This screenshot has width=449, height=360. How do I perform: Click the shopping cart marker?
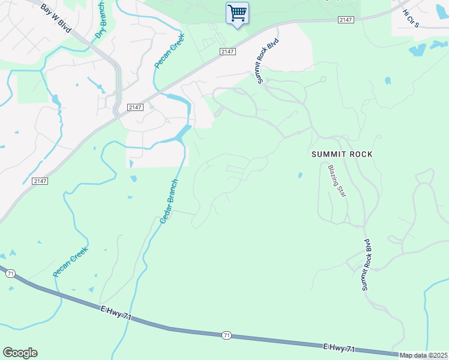pyautogui.click(x=237, y=13)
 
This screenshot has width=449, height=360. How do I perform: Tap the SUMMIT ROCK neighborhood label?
pyautogui.click(x=342, y=154)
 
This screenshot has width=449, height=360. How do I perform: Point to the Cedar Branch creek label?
pyautogui.click(x=169, y=202)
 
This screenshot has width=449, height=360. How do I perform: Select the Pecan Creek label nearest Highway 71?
pyautogui.click(x=70, y=262)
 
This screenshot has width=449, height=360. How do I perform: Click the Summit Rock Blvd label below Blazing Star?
pyautogui.click(x=366, y=265)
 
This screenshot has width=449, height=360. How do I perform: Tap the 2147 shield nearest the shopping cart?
pyautogui.click(x=226, y=52)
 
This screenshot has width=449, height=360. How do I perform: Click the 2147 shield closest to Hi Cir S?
pyautogui.click(x=345, y=20)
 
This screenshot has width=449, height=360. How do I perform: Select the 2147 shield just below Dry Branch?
pyautogui.click(x=134, y=107)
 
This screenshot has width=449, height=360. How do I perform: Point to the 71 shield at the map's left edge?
pyautogui.click(x=10, y=274)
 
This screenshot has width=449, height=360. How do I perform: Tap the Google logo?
pyautogui.click(x=20, y=353)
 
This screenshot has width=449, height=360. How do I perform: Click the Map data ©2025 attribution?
pyautogui.click(x=423, y=355)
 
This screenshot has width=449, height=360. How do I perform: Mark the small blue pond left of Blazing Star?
pyautogui.click(x=300, y=175)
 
